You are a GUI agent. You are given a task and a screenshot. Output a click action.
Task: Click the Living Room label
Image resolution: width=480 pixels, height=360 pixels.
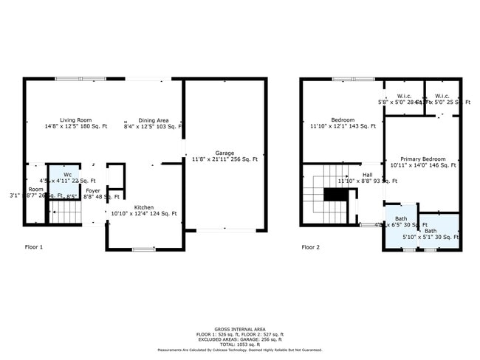[x=75, y=120]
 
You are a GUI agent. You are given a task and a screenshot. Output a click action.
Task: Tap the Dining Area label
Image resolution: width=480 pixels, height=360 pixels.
[x=154, y=120]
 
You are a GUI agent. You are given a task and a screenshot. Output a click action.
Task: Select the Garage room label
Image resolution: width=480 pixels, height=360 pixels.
[x=224, y=153]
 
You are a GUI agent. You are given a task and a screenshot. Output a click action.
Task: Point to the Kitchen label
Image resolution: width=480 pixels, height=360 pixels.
[x=144, y=207]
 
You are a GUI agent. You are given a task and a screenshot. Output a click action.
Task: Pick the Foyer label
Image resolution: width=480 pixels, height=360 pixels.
[x=93, y=190]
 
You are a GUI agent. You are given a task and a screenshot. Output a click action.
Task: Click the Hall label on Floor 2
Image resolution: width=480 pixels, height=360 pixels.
[x=367, y=175]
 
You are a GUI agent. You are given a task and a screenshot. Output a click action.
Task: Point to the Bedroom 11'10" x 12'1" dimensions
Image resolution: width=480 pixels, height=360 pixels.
[x=343, y=127]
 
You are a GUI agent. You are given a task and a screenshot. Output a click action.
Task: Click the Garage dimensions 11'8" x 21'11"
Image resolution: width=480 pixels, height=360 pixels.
[x=224, y=159]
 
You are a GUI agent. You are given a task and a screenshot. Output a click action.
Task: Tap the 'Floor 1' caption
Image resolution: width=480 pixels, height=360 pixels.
[x=34, y=247]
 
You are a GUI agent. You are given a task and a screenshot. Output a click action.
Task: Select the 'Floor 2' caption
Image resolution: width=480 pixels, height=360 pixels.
[x=310, y=247]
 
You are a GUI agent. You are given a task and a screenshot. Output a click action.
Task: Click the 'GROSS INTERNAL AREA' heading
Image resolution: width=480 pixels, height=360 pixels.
[x=240, y=329]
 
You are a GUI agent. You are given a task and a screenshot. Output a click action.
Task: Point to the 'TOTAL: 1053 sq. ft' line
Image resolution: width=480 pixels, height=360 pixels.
[x=240, y=345]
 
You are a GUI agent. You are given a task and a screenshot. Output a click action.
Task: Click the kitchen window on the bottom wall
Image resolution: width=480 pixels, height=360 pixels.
[x=143, y=249]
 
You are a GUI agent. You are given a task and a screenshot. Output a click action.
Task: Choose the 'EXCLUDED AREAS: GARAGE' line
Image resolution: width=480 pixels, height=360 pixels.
[x=240, y=339]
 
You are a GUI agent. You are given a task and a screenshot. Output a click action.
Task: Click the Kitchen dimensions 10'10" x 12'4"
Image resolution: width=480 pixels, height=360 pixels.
[x=144, y=214]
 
